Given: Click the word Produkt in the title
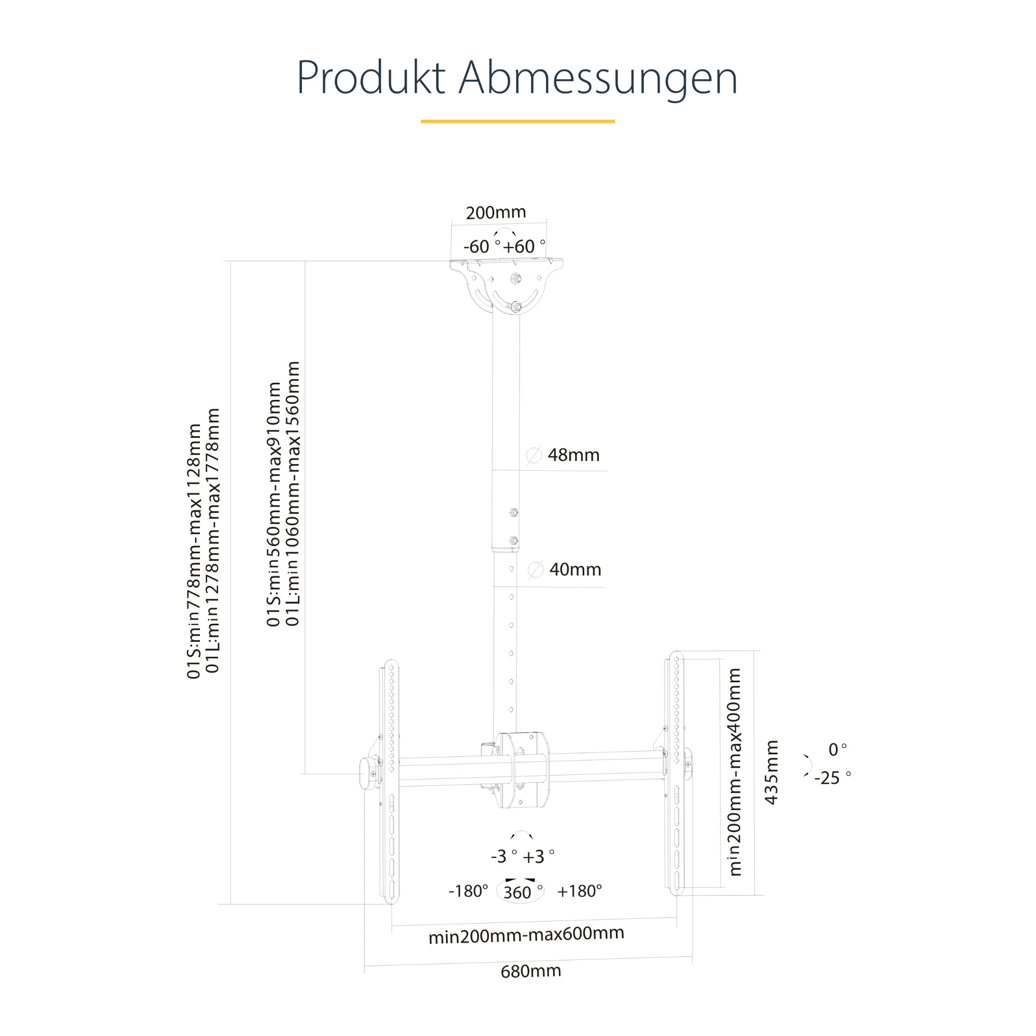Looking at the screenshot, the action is [370, 78].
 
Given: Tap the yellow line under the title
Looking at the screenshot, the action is [517, 121].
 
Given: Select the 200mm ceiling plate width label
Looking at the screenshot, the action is [496, 212].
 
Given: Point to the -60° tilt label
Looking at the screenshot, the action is [482, 246].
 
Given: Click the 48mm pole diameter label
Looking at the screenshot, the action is [573, 455].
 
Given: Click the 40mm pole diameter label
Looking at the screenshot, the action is [575, 569].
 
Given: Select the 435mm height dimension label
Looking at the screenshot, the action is [771, 772].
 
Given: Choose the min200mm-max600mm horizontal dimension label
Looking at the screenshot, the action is [527, 934].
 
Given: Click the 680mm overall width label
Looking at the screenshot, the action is [531, 971].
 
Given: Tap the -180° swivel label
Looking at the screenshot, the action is [468, 891].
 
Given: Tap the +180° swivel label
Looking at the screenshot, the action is [580, 891].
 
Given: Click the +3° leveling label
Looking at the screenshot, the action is [538, 857].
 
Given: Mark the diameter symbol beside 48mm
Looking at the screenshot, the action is [534, 455].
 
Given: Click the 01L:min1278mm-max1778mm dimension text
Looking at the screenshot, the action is [213, 540].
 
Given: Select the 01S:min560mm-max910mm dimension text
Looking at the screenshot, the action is [274, 504].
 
